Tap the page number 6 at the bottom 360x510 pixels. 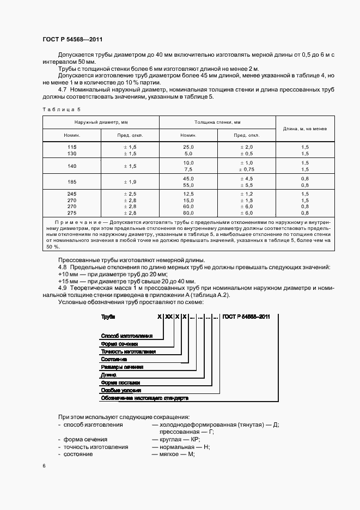(x=44, y=466)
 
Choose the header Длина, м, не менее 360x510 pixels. (x=304, y=129)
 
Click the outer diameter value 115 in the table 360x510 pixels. (x=72, y=148)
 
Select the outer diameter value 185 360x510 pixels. (x=72, y=181)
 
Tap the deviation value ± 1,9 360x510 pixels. (x=130, y=181)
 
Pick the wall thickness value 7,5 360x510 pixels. (x=188, y=169)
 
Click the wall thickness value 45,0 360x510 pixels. (x=188, y=178)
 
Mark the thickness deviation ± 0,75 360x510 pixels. (x=247, y=169)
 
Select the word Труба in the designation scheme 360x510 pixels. (x=108, y=317)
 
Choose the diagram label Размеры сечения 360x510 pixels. (x=121, y=367)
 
